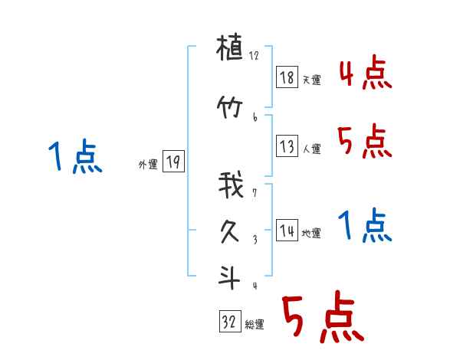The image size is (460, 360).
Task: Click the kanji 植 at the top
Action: (230, 52)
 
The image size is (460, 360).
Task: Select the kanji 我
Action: (230, 185)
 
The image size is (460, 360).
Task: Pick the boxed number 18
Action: (287, 77)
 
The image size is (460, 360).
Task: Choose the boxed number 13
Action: (287, 146)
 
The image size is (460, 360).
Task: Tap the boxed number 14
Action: (287, 231)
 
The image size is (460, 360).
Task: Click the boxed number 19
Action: (173, 162)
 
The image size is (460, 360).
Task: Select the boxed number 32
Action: (229, 322)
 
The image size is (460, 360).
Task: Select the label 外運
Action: (148, 165)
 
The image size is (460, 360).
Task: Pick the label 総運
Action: (255, 325)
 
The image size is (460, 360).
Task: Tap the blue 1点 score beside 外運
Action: (75, 157)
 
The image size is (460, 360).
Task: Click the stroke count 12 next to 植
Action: (254, 56)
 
